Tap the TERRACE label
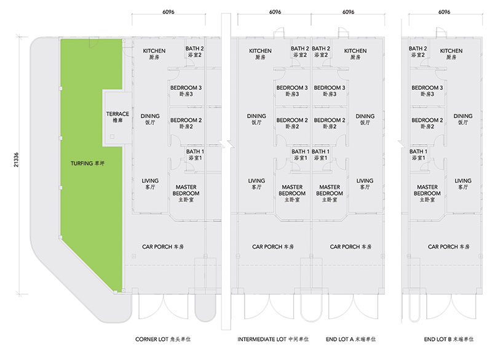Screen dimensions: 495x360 click(x=117, y=117)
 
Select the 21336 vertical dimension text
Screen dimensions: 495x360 click(x=17, y=160)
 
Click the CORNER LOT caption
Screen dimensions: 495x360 click(x=163, y=339)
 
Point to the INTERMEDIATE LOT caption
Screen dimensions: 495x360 click(x=273, y=339)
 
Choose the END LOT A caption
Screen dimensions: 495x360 click(x=350, y=339)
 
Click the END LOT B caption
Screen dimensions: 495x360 click(x=449, y=339)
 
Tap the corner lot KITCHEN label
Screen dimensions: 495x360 click(x=154, y=54)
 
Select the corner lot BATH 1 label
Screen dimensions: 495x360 click(x=195, y=154)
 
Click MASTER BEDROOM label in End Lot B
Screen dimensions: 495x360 click(x=427, y=193)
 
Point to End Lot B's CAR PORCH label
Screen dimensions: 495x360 click(x=449, y=247)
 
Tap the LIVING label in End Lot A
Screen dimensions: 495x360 click(x=365, y=183)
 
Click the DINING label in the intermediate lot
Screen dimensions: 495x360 click(x=256, y=119)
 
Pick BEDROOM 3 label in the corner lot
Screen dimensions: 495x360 click(x=186, y=90)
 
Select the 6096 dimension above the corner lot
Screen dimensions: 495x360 click(x=168, y=12)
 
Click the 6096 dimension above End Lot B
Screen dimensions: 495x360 click(x=444, y=12)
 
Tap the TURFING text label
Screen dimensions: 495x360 click(x=87, y=164)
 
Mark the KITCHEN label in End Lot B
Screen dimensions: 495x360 click(x=451, y=54)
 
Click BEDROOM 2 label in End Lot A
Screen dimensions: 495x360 click(x=329, y=123)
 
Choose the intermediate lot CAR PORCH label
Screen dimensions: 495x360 click(x=273, y=247)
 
